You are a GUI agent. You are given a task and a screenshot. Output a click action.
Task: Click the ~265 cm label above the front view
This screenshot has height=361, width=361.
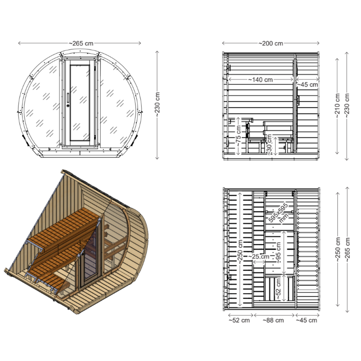coord(81,43)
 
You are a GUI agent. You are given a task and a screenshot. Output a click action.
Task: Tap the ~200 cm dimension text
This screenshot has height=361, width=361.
coord(271,43)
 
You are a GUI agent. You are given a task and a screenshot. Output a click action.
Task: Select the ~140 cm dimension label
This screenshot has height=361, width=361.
coord(260,80)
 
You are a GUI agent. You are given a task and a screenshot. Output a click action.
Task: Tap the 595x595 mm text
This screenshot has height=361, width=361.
coord(278,213)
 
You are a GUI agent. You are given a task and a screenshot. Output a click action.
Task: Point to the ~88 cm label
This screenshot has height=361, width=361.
coord(273,321)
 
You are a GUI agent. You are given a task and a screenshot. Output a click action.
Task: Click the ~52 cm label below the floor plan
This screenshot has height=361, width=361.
coord(239,321)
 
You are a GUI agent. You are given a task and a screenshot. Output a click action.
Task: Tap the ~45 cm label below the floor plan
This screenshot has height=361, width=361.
coord(307,321)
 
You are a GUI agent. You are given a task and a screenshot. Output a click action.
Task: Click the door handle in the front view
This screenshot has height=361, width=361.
coord(68,97)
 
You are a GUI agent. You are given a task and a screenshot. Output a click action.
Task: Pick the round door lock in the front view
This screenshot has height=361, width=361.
coord(68,106)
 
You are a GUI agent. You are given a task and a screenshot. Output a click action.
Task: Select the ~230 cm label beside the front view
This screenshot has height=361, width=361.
coord(157,105)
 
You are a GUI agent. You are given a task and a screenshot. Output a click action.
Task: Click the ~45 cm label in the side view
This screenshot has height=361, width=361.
coord(307,85)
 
